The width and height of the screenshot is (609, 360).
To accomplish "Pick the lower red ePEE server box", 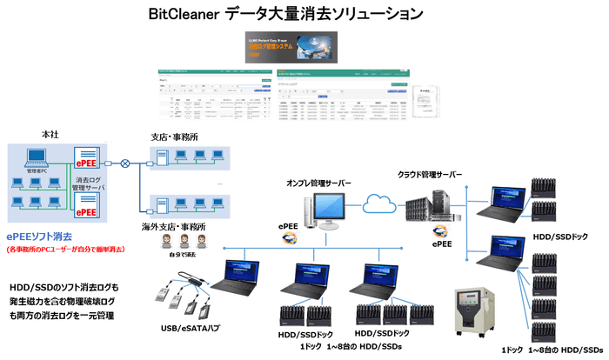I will pyautogui.click(x=90, y=211).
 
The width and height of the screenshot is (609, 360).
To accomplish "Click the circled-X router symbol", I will pyautogui.click(x=126, y=163).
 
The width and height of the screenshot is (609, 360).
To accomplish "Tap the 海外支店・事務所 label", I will pyautogui.click(x=175, y=227).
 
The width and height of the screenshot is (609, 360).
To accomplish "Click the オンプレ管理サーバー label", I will pyautogui.click(x=320, y=183).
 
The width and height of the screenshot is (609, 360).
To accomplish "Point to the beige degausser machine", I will pyautogui.click(x=473, y=309).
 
